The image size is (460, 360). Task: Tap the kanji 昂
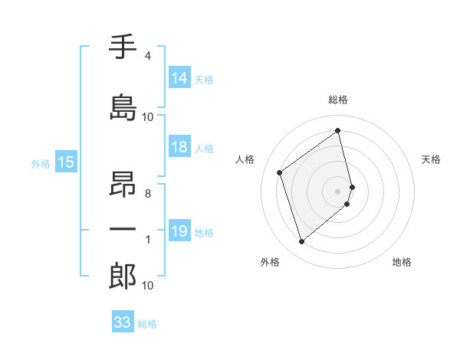[123, 181]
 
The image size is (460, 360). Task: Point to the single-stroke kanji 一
[123, 230]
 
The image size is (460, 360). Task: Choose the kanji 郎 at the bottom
[123, 277]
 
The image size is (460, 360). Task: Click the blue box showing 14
[179, 78]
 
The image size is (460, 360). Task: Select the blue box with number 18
[179, 148]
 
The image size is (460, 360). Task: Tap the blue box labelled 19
[179, 231]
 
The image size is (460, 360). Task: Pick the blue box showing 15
[65, 162]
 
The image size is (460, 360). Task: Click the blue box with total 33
[123, 322]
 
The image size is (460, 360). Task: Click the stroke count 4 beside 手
[148, 56]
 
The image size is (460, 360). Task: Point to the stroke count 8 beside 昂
[148, 194]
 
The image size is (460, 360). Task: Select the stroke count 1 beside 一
[148, 241]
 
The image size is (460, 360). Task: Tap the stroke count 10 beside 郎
[148, 286]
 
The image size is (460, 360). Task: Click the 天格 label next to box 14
[204, 79]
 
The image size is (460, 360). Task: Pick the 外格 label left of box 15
[41, 163]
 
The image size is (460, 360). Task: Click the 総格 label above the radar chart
[338, 100]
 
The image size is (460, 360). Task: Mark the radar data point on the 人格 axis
[280, 172]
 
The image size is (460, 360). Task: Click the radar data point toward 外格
[301, 242]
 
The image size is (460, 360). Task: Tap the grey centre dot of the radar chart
[338, 191]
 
